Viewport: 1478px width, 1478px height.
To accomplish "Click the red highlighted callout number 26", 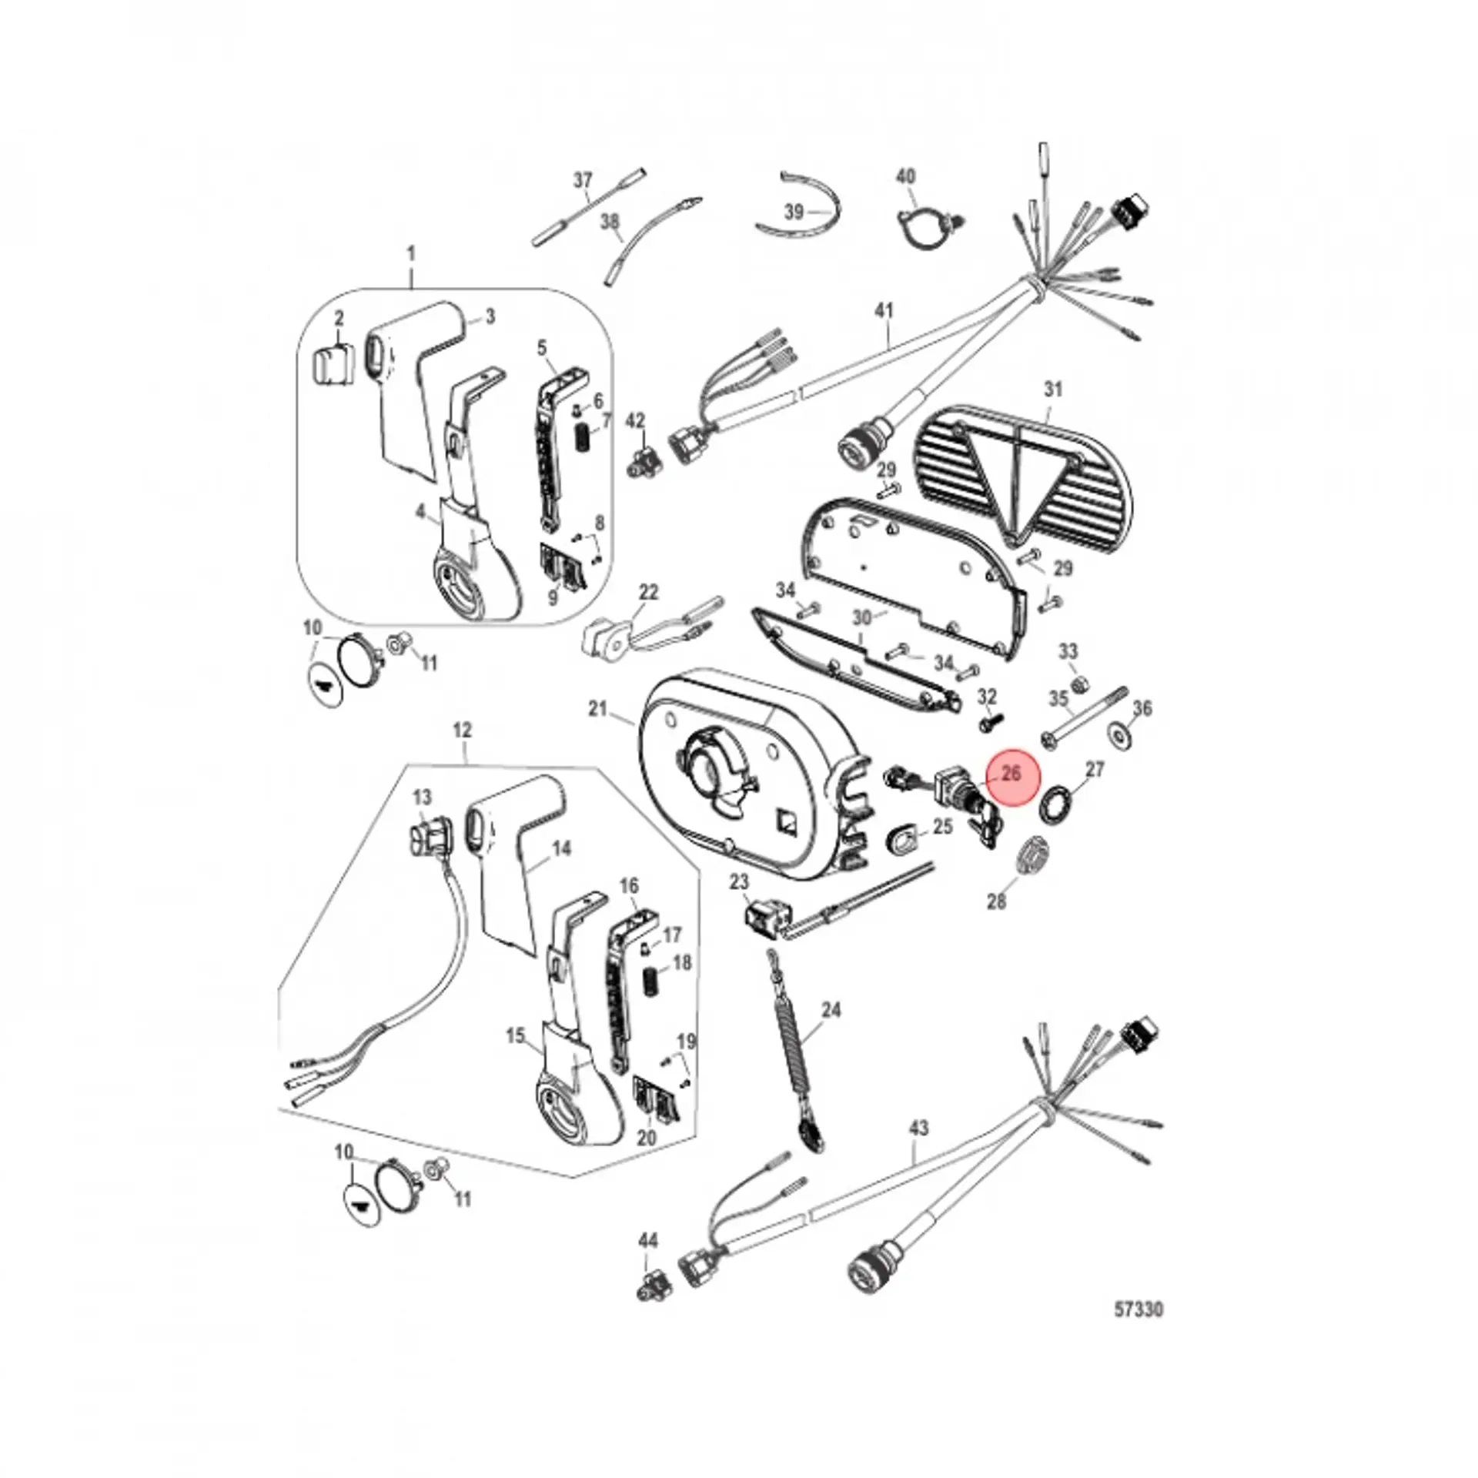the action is point(1012,772).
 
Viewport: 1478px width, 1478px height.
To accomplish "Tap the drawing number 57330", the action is point(1139,1309).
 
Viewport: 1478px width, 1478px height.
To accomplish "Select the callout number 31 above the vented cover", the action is point(1052,390).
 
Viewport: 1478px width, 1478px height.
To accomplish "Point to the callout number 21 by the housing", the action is point(598,708).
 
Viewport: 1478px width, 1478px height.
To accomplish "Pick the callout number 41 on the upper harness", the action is point(885,311).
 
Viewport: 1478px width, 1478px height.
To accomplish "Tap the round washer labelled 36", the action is point(1122,734).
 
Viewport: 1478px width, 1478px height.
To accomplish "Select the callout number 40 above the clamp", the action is point(906,176).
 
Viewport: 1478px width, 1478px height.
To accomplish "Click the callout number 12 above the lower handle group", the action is point(462,729).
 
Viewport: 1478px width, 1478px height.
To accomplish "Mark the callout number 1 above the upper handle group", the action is point(410,253).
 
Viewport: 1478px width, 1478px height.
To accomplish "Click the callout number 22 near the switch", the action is point(649,592).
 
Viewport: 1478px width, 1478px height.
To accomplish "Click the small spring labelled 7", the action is point(583,440).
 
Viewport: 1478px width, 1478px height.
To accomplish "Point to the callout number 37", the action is point(584,180).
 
